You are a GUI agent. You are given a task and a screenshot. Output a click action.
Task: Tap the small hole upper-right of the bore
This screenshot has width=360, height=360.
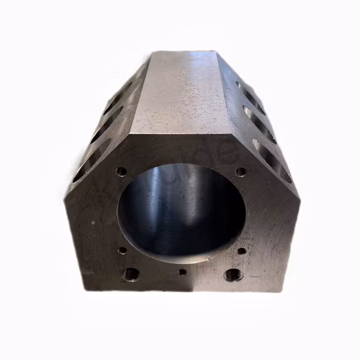click(x=241, y=172)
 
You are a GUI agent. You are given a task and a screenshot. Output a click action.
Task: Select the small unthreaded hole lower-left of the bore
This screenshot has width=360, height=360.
click(x=122, y=250)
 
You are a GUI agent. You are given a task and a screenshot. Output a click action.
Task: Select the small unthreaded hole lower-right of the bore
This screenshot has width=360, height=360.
click(x=242, y=251)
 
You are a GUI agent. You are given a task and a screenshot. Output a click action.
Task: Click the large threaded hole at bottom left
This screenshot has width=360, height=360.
click(x=131, y=274)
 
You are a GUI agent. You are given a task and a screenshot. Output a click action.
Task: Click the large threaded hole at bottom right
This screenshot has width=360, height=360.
click(x=233, y=274)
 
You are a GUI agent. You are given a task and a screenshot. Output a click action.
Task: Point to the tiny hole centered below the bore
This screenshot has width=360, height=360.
click(x=182, y=271)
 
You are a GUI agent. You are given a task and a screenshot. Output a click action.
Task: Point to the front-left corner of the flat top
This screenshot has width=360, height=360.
click(x=139, y=135)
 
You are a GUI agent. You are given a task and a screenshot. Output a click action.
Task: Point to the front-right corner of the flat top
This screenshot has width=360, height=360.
click(x=225, y=134)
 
